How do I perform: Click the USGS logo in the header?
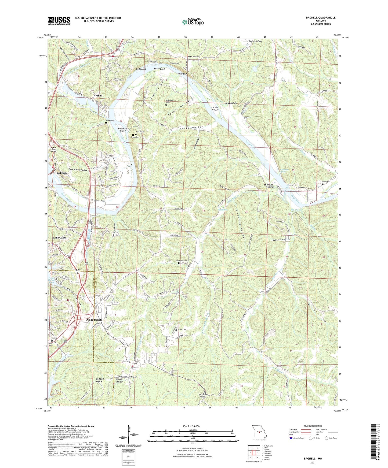tap(59, 21)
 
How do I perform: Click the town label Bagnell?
tap(98, 96)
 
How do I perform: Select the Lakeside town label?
tap(62, 173)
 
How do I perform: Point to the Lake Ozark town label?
tap(60, 238)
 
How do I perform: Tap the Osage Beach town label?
tap(94, 320)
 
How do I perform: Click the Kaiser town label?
tap(133, 377)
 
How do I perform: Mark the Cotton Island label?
tap(215, 109)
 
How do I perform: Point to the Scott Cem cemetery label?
tap(326, 181)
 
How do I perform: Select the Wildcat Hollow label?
tap(317, 311)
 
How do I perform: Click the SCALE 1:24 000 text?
tap(191, 426)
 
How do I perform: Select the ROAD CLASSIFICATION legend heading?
tap(313, 426)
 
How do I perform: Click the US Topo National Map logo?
tap(193, 22)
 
